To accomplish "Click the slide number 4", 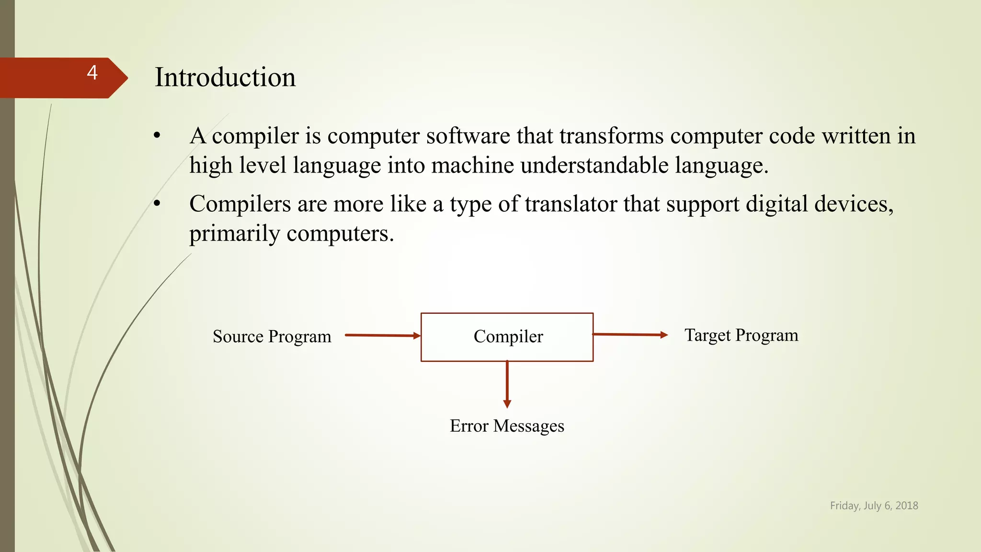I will pyautogui.click(x=92, y=73).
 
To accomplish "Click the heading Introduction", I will pyautogui.click(x=225, y=77).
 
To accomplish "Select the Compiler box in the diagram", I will pyautogui.click(x=507, y=337).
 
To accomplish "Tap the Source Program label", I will pyautogui.click(x=272, y=336).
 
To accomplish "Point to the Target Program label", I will pyautogui.click(x=741, y=335).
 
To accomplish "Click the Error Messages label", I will pyautogui.click(x=507, y=425).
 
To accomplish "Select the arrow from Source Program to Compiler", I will pyautogui.click(x=382, y=335).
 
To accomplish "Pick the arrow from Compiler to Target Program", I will pyautogui.click(x=630, y=334).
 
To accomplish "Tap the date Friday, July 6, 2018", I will pyautogui.click(x=874, y=506).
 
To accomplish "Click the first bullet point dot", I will pyautogui.click(x=157, y=136).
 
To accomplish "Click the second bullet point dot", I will pyautogui.click(x=157, y=204).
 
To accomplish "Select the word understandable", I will pyautogui.click(x=594, y=165).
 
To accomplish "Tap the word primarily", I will pyautogui.click(x=235, y=234).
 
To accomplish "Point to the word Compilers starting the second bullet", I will pyautogui.click(x=240, y=204).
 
